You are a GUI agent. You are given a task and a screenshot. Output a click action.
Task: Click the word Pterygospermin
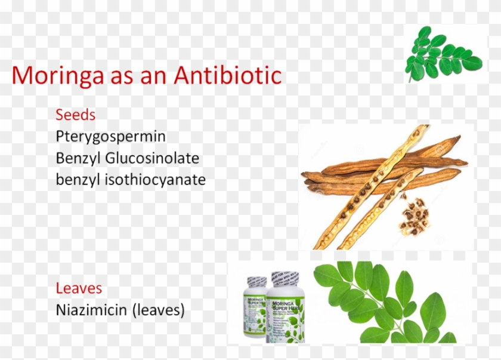110,137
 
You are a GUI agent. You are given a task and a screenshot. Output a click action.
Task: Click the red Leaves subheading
79,288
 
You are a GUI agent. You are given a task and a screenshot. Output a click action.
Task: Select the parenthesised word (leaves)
162,310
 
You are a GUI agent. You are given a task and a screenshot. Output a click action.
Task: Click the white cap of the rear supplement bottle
257,281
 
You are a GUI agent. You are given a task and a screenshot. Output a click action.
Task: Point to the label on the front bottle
285,316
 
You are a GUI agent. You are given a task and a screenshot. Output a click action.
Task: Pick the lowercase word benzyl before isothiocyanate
75,179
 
